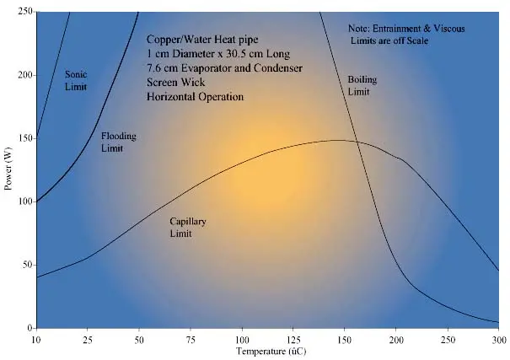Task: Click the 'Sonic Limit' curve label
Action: pyautogui.click(x=77, y=80)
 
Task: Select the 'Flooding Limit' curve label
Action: pyautogui.click(x=118, y=142)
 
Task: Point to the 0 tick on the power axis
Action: pyautogui.click(x=29, y=327)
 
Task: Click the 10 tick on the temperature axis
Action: pyautogui.click(x=36, y=339)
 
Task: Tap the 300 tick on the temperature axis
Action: pyautogui.click(x=499, y=339)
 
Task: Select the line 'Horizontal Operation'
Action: pyautogui.click(x=195, y=97)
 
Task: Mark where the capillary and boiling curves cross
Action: pyautogui.click(x=357, y=142)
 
